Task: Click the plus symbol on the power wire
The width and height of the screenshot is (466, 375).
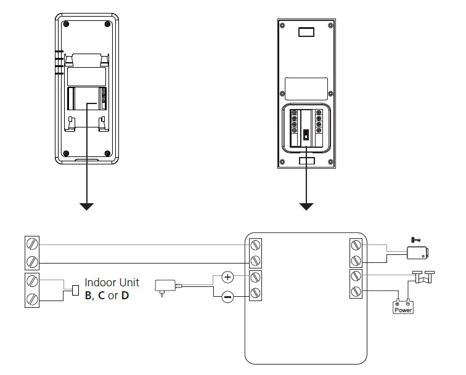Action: tap(227, 276)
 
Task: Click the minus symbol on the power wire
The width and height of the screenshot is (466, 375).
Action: tap(227, 297)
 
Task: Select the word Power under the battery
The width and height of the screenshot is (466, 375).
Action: tap(403, 310)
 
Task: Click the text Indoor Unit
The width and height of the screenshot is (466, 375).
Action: tap(112, 283)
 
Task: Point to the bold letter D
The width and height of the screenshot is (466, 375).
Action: tap(125, 296)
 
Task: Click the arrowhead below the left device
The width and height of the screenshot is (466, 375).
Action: tap(87, 206)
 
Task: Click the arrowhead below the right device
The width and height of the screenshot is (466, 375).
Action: tap(306, 206)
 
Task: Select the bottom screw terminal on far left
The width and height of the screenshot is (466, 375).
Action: tap(33, 299)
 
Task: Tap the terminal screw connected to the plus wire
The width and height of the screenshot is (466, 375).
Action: tap(255, 277)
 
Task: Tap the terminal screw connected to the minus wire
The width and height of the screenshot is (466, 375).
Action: tap(255, 292)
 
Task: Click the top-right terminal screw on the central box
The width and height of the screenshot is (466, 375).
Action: tap(356, 245)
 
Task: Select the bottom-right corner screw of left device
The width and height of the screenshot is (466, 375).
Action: tap(107, 153)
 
